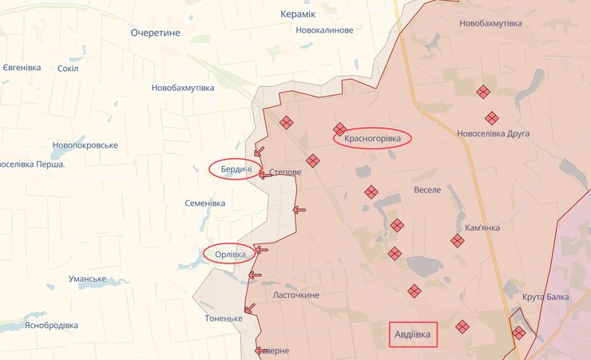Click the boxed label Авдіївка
coord(413,334)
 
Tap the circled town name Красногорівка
coord(372,139)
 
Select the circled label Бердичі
coord(236,169)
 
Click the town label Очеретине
coord(156,33)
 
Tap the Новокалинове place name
coord(324,30)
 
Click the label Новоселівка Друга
coord(493,133)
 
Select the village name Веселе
coord(428,191)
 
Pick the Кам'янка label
coord(482,227)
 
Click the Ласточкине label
coord(296,295)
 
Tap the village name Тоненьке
coord(224,318)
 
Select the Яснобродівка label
coord(51,326)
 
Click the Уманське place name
coord(88,279)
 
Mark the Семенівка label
coord(204,204)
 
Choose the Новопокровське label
coord(85,145)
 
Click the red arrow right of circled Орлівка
coord(261,250)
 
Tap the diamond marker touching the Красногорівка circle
coord(339,129)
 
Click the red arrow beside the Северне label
coord(261,350)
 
